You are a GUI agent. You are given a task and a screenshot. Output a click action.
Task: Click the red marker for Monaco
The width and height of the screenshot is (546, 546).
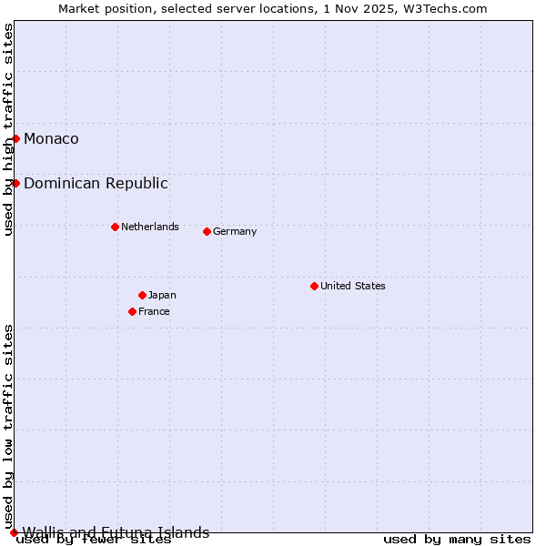pos(16,138)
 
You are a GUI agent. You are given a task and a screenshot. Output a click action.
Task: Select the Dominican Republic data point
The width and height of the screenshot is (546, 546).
pos(16,183)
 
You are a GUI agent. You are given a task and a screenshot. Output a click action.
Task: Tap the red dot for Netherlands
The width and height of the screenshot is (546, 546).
pos(115,227)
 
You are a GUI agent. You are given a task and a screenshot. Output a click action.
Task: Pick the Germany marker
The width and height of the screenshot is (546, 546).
pos(207,231)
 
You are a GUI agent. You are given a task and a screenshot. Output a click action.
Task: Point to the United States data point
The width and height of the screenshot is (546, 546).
pos(314,286)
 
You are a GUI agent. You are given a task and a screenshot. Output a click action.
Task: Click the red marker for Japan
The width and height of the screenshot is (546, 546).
pos(142,295)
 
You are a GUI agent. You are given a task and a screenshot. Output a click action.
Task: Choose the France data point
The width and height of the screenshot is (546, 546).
pos(132,311)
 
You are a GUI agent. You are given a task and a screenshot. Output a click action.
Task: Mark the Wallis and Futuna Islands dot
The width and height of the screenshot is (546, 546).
pos(14,532)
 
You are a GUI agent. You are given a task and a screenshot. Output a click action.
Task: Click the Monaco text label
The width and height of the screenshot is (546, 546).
pos(51,138)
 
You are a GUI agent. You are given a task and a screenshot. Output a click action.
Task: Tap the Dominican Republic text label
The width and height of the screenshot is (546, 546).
pos(96,183)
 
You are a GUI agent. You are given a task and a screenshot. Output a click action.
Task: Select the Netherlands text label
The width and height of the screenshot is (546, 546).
pos(150,227)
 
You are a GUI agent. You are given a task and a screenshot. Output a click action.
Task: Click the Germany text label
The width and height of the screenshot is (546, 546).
pos(235,231)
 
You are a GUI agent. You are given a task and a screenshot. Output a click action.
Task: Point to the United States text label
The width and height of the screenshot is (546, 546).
pos(353,286)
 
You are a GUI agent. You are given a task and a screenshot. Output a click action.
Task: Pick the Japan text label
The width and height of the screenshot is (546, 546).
pos(162,295)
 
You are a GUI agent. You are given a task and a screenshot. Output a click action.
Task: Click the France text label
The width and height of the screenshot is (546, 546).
pos(154,311)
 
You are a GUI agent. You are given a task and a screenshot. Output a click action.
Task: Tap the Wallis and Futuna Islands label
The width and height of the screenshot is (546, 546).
pos(116,532)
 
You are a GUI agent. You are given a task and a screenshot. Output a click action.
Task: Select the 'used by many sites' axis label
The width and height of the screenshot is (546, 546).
pos(457,540)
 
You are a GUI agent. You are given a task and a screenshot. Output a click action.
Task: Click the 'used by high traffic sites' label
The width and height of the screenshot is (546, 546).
pos(8,129)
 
